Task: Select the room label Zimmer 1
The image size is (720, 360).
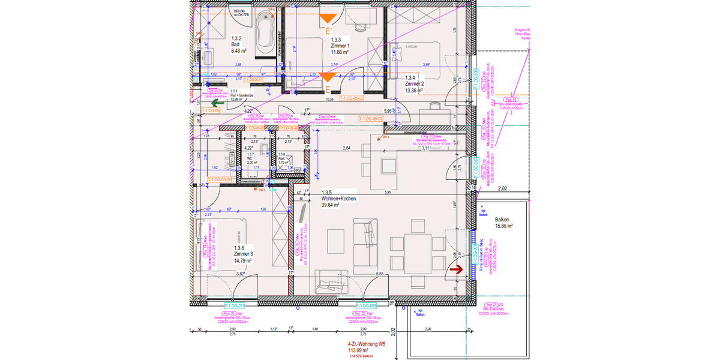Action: tap(340, 46)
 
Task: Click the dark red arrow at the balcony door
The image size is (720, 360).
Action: tap(456, 271)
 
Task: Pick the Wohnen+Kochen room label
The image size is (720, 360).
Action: tap(337, 199)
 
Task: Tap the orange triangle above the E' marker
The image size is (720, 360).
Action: tap(328, 18)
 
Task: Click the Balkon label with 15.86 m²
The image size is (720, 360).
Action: tap(503, 223)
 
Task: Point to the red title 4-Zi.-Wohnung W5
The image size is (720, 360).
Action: tap(365, 344)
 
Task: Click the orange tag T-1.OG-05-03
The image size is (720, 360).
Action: tap(371, 119)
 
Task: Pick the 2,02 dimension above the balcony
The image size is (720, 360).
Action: tap(503, 188)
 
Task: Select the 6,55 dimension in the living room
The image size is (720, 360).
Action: tap(380, 274)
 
